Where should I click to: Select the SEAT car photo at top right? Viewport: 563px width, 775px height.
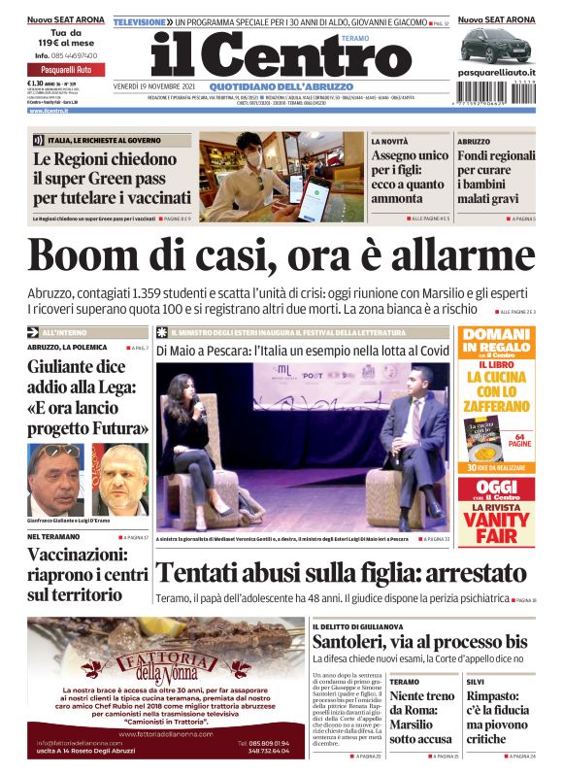496,46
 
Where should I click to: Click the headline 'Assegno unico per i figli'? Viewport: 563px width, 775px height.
409,177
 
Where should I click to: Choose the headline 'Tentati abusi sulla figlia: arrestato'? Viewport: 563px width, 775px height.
341,573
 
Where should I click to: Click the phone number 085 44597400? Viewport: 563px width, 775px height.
63,56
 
